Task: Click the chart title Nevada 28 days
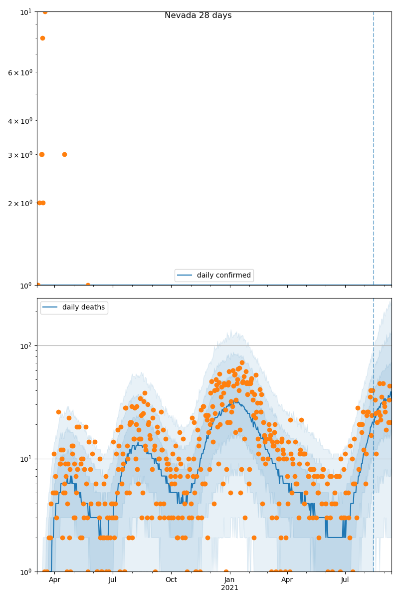point(198,15)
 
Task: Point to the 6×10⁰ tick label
point(20,72)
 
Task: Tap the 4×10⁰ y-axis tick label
point(20,121)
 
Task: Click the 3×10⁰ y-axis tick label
point(20,155)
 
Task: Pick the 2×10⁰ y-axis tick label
point(20,203)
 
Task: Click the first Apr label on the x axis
point(54,580)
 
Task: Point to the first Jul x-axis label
point(113,580)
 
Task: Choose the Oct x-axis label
point(171,580)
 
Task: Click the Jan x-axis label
point(229,580)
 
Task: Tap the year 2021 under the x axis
point(229,588)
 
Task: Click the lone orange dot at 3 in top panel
point(64,154)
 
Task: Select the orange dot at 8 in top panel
point(42,38)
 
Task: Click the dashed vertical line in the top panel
point(374,150)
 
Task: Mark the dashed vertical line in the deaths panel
point(374,449)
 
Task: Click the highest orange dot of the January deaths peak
point(242,363)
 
